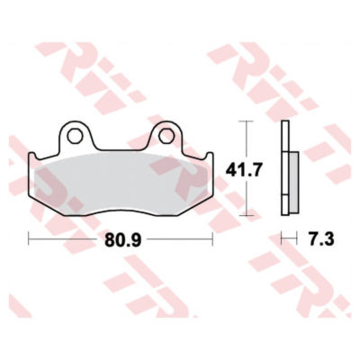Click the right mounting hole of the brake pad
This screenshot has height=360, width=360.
(x=166, y=136)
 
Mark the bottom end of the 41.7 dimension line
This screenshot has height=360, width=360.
(x=247, y=216)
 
